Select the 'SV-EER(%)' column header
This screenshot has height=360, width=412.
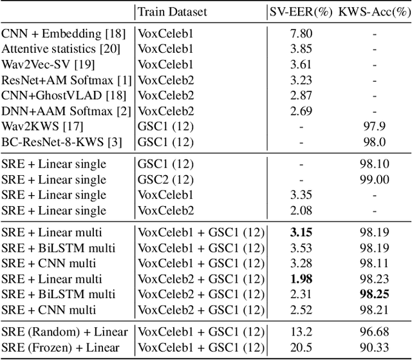click(x=299, y=11)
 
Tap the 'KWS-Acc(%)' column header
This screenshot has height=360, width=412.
click(x=370, y=11)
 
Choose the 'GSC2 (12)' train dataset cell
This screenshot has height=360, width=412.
click(x=165, y=180)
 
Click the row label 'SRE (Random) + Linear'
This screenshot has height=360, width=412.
click(x=64, y=332)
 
